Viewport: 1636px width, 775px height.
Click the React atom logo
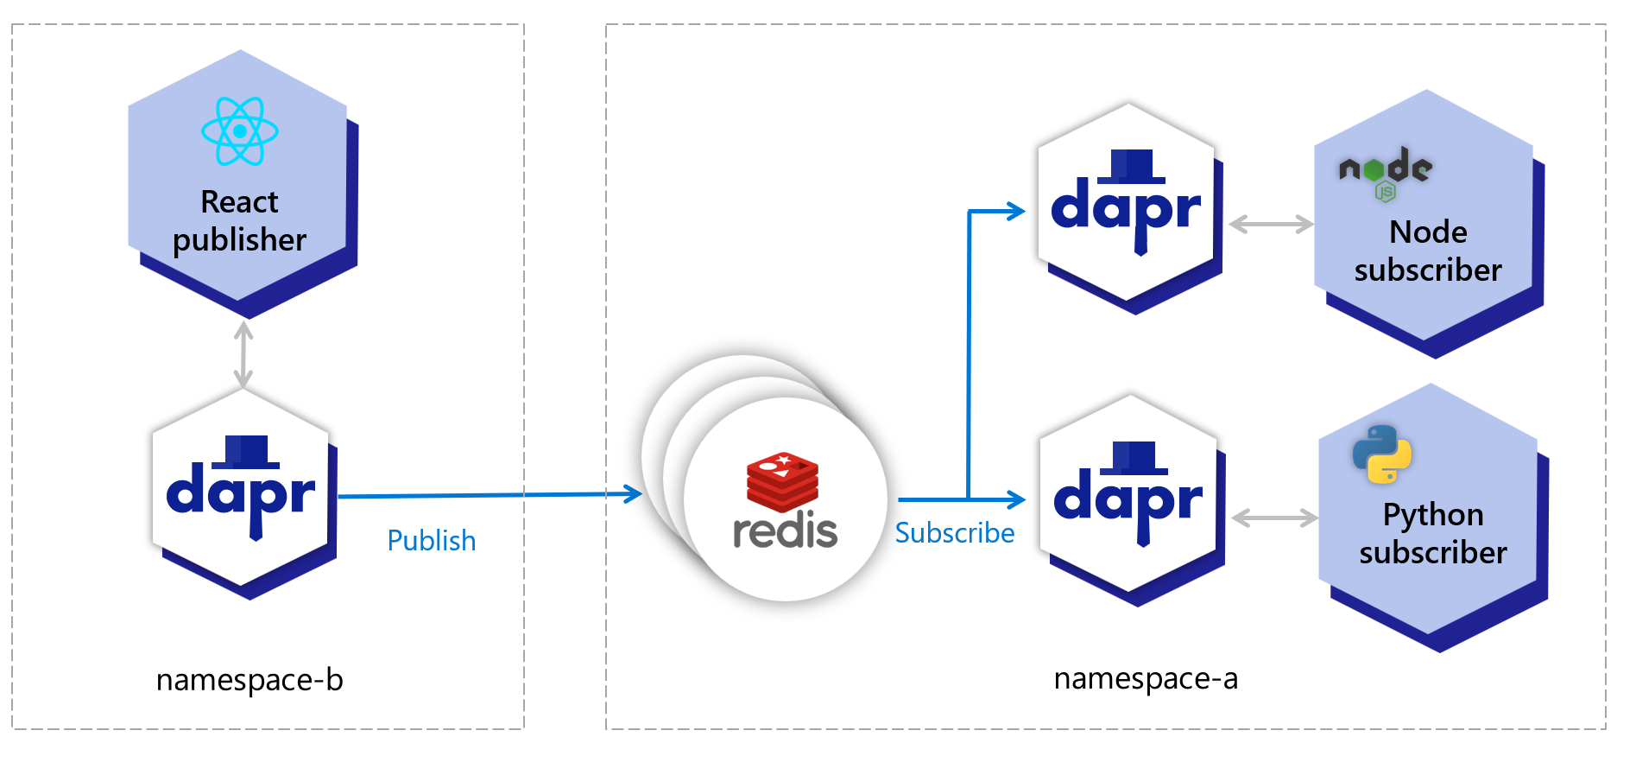coord(239,131)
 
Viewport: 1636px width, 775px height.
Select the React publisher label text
coord(239,221)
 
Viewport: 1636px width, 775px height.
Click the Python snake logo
coord(1381,454)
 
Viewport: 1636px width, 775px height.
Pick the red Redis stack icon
coord(782,480)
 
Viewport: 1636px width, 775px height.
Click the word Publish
coord(431,541)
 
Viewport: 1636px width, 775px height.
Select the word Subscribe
coord(954,533)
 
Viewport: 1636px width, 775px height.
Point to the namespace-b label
coord(250,680)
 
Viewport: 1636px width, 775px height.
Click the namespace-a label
coord(1146,679)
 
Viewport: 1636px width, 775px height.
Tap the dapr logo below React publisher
coord(241,490)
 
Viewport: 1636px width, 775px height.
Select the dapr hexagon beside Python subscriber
coord(1128,497)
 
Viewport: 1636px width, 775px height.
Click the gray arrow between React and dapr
coord(243,354)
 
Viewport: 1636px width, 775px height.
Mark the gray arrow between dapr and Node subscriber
coord(1271,225)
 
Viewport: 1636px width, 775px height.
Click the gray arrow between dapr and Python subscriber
coord(1274,518)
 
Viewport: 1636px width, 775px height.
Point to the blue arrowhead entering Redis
coord(634,493)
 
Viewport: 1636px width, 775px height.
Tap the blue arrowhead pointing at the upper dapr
coord(1016,210)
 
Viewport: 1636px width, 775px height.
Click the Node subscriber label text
coord(1428,251)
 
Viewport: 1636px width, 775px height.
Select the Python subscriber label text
coord(1432,534)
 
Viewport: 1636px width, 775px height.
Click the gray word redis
coord(785,531)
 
